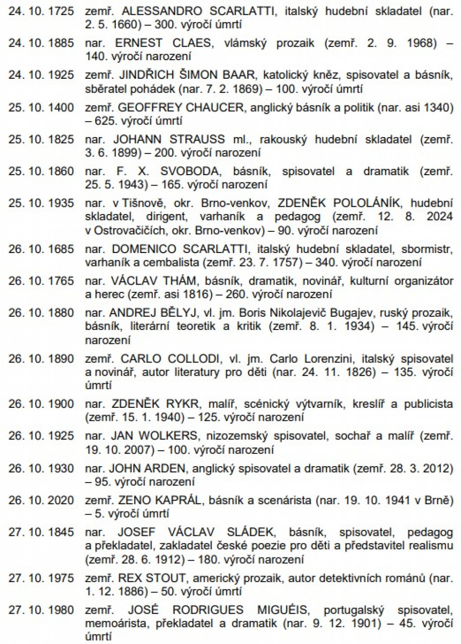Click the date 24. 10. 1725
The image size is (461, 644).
(41, 11)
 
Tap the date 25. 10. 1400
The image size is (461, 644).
(41, 107)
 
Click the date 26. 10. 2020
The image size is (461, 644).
(41, 500)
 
